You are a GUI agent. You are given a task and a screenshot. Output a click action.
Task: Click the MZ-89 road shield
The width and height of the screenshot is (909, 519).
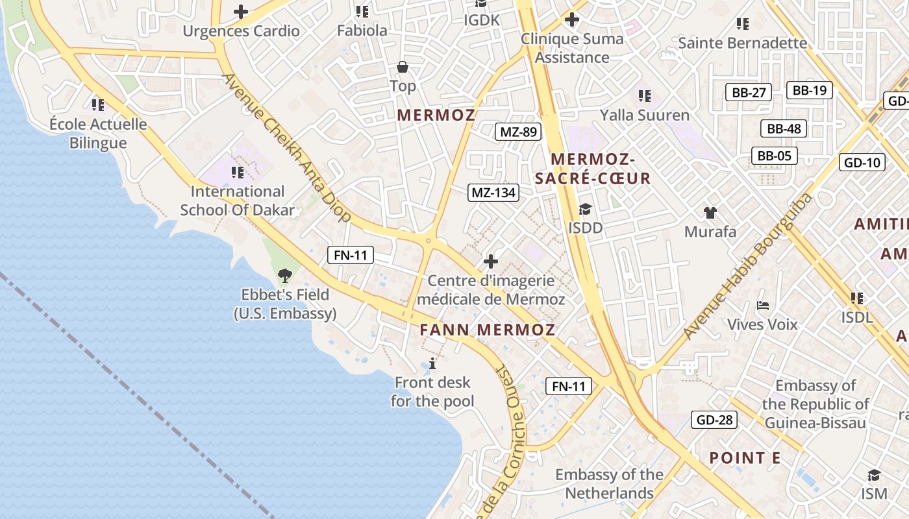point(517,132)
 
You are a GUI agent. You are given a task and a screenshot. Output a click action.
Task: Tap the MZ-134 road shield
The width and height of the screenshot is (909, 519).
point(493,192)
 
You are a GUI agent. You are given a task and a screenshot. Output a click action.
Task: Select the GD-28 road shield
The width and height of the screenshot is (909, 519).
point(714,420)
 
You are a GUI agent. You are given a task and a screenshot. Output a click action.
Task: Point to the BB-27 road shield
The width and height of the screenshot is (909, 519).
point(749,92)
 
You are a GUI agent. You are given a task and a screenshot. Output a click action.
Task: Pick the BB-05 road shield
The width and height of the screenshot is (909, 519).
point(774,156)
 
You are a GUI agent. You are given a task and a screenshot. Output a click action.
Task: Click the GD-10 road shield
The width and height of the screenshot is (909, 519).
point(862,162)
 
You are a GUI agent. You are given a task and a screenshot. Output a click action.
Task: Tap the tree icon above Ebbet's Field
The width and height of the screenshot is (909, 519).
point(284,276)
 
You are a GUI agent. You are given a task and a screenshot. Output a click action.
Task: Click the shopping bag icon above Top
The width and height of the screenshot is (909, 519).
point(403,67)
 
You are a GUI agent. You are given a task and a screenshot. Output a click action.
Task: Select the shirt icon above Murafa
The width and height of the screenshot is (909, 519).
point(710,212)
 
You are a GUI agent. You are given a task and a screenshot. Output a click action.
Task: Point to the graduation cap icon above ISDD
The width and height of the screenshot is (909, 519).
point(585,209)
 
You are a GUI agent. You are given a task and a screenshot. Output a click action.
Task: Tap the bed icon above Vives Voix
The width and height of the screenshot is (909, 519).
point(763,305)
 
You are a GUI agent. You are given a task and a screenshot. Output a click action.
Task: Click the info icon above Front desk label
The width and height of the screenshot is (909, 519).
point(432,363)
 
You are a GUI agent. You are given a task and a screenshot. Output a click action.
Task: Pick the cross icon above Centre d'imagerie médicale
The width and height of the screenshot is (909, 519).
point(491,261)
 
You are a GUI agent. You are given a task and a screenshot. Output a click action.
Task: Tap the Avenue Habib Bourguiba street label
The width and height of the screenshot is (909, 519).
point(747,266)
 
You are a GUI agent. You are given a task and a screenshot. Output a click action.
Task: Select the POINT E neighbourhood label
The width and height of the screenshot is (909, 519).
point(745,458)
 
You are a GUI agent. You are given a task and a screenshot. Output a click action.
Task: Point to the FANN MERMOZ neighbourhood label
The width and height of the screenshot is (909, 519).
point(487,330)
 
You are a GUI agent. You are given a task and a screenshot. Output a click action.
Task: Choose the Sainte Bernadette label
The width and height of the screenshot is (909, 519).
point(743,43)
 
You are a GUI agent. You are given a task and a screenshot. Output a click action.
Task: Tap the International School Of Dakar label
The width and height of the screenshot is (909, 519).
point(238,200)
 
